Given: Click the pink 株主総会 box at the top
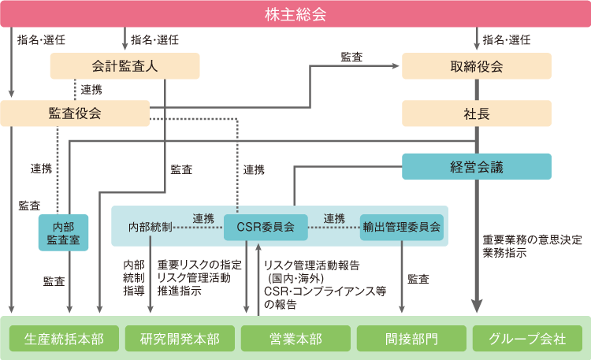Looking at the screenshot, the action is [x=295, y=14].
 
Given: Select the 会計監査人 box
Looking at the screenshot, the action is [x=125, y=66].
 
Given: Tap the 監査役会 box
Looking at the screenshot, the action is [x=75, y=113].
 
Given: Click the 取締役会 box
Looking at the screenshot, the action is [x=477, y=66].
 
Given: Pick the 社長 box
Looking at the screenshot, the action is [x=477, y=113].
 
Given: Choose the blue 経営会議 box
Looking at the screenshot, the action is [x=477, y=166].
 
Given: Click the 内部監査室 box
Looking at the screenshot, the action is [x=63, y=232].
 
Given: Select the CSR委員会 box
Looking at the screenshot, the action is [x=266, y=228].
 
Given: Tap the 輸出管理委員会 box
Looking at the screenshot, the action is [x=402, y=228].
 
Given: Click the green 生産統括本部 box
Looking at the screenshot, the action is [x=64, y=339].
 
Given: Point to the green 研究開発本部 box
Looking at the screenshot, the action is [x=180, y=339].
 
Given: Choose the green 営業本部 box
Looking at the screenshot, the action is [x=295, y=339].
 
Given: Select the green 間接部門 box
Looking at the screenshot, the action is [x=411, y=339].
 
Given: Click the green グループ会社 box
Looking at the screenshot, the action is [x=527, y=339].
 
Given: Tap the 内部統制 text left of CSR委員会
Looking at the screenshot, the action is [x=150, y=228].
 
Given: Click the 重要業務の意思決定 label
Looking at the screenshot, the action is [x=532, y=239].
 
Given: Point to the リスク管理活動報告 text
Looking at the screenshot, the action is [x=311, y=265].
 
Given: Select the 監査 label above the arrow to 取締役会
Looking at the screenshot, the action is [x=351, y=57].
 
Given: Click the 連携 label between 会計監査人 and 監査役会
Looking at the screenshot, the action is [x=91, y=90].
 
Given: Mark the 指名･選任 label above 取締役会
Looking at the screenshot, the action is [x=507, y=39].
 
